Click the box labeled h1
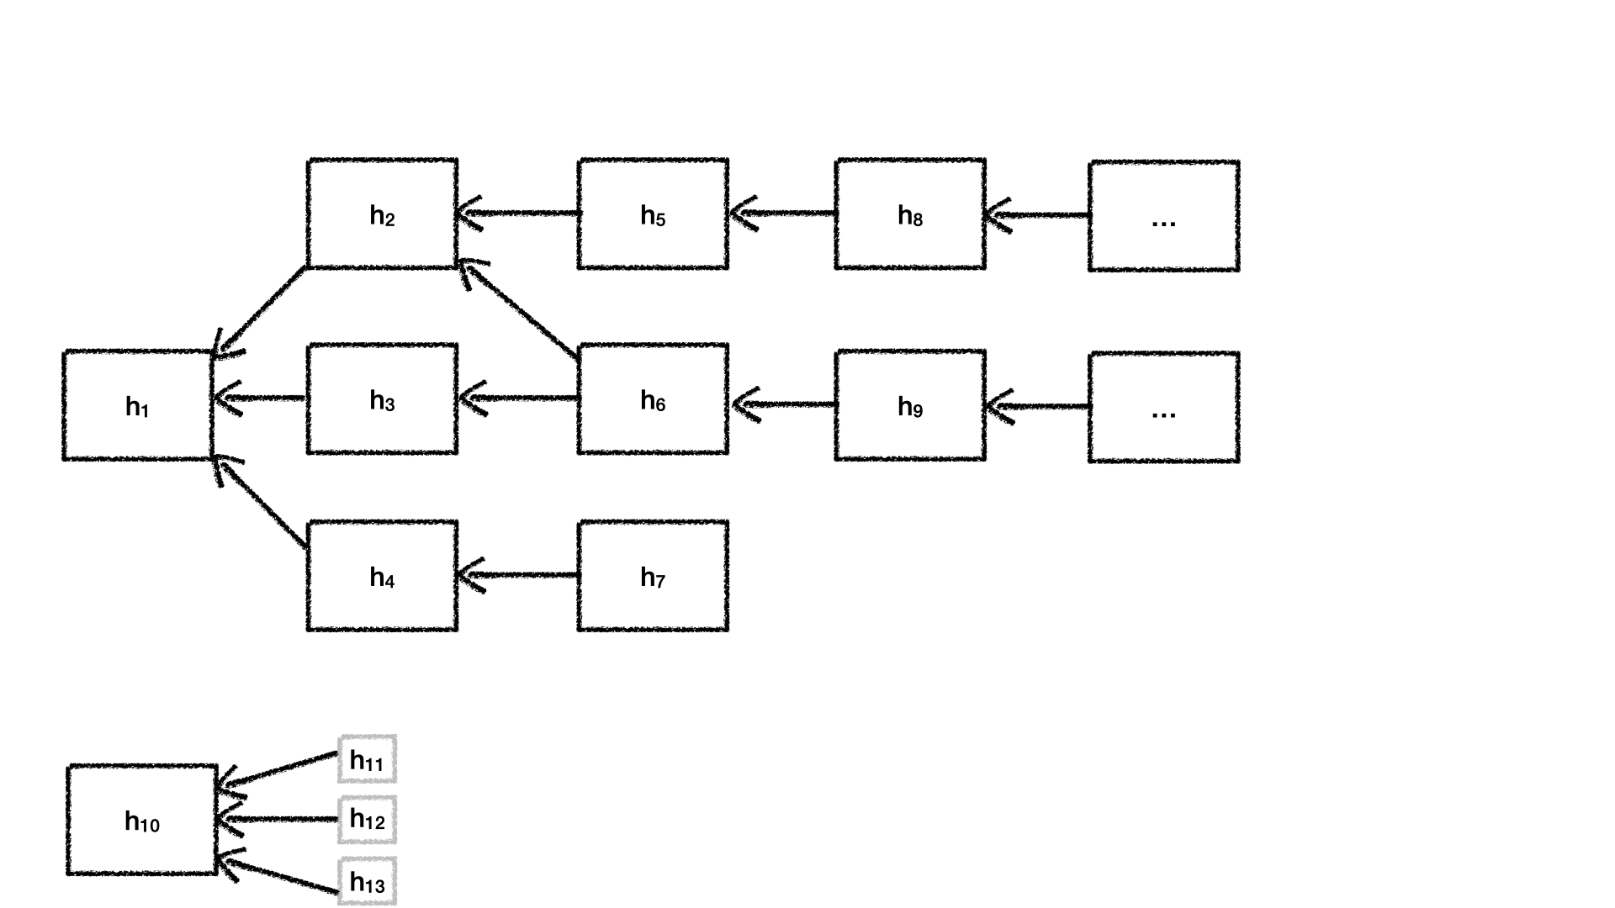(137, 405)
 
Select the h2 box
(383, 214)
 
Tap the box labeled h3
(383, 399)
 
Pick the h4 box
(383, 576)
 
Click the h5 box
(653, 214)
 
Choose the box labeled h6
(653, 399)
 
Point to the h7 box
(653, 576)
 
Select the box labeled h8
(910, 214)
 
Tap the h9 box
(910, 405)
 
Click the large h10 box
(142, 820)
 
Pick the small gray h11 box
(367, 759)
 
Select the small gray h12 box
(367, 820)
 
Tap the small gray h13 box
(367, 881)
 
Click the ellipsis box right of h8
(1163, 216)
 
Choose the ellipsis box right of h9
(1163, 408)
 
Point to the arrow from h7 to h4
(518, 576)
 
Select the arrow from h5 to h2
(518, 214)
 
